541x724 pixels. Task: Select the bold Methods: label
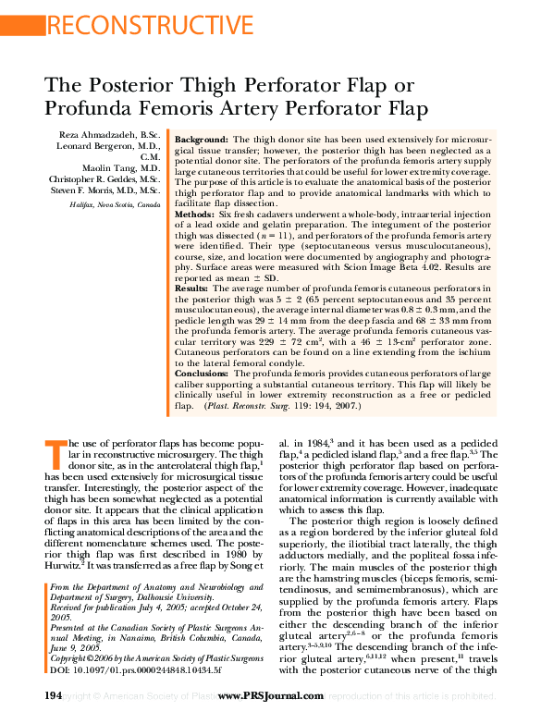(192, 214)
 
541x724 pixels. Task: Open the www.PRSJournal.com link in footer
(270, 695)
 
